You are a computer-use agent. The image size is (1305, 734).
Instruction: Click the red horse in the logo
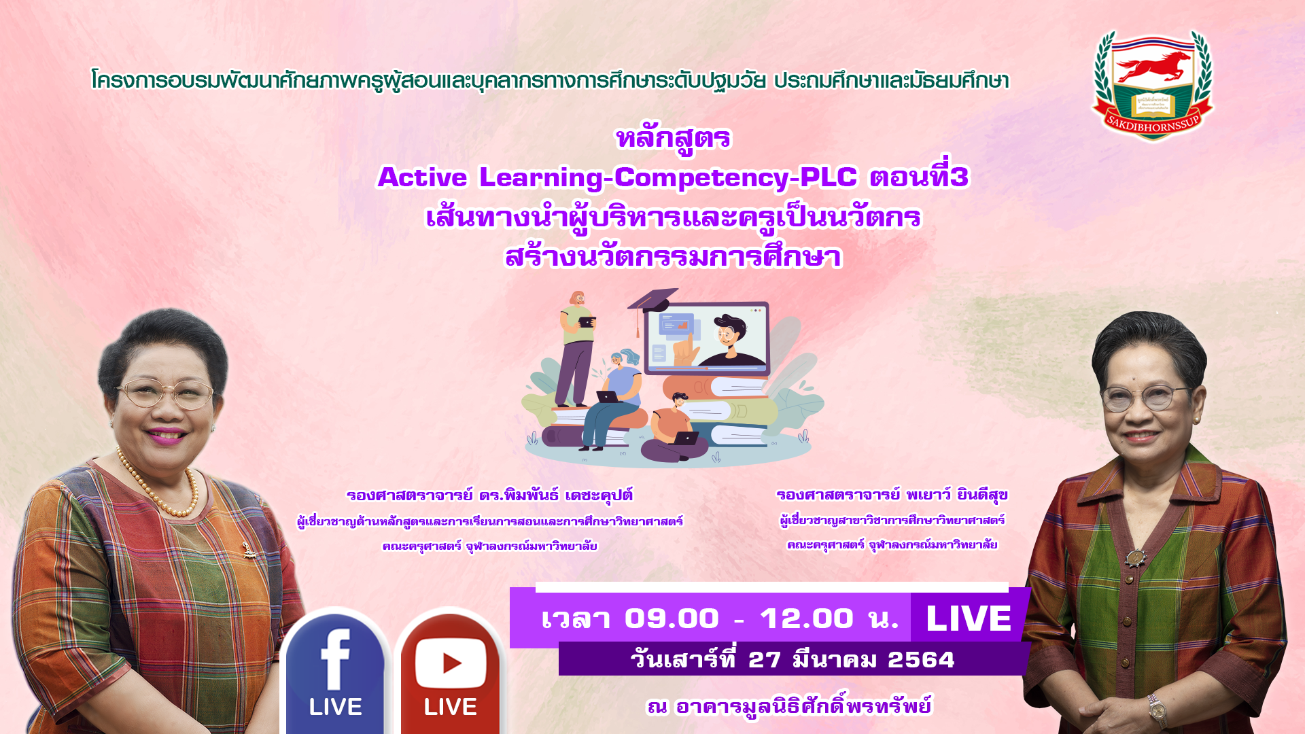(x=1153, y=66)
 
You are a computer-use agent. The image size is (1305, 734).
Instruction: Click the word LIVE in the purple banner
(x=969, y=618)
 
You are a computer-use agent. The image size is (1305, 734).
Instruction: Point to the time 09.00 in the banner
(x=672, y=618)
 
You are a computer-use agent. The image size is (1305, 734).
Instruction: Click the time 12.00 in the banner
(x=806, y=618)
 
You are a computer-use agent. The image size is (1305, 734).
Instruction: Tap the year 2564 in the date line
(x=921, y=660)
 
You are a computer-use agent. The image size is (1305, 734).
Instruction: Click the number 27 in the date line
(x=764, y=660)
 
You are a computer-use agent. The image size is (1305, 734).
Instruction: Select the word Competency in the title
(x=702, y=178)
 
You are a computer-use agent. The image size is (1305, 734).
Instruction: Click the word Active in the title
(x=422, y=177)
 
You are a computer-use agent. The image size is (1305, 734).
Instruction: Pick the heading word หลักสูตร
(x=673, y=139)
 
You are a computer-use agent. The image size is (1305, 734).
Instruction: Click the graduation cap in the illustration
(x=651, y=302)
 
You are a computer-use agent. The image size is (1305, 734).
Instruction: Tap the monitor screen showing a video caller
(x=707, y=338)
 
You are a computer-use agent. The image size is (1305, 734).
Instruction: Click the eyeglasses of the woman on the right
(x=1145, y=398)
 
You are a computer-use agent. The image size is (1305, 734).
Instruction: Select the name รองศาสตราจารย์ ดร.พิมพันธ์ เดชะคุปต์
(x=489, y=495)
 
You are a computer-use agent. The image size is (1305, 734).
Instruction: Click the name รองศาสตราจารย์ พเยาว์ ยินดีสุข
(x=892, y=495)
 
